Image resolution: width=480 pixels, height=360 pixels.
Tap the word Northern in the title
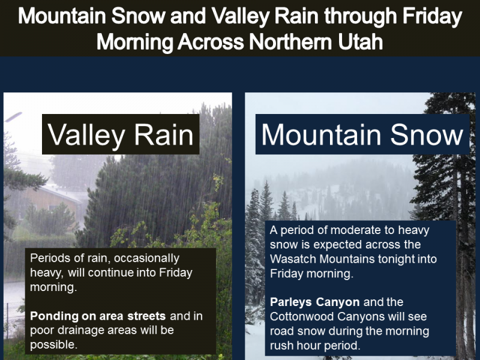click(290, 41)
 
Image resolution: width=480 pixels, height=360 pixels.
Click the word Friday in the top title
click(432, 16)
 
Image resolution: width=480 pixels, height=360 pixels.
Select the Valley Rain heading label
click(121, 134)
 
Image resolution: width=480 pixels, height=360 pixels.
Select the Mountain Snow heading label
click(362, 134)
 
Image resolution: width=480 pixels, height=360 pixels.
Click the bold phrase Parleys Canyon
click(314, 302)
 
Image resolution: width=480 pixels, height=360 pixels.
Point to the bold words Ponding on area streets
click(98, 316)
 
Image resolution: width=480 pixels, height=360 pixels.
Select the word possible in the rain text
click(53, 345)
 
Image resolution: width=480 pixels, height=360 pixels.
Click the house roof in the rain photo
click(61, 193)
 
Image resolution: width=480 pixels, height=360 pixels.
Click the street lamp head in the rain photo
click(14, 116)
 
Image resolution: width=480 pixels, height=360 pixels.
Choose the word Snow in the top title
click(138, 16)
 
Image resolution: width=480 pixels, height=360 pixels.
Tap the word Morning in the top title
click(135, 42)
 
